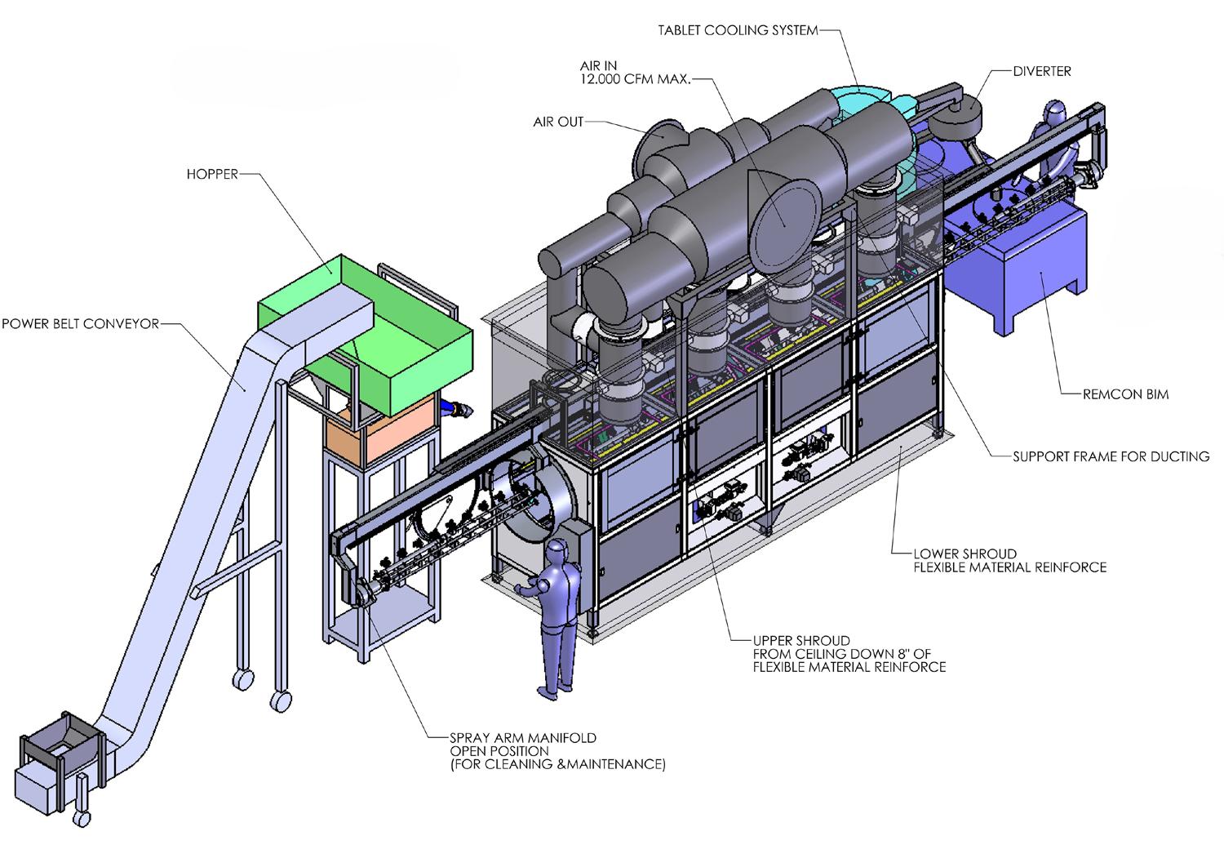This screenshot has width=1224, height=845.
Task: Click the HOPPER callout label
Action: tap(212, 175)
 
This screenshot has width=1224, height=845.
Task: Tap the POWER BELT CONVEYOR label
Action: tap(80, 323)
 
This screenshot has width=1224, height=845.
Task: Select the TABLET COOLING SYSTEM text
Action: tap(738, 30)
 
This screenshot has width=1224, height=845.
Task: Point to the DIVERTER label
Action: tap(1041, 71)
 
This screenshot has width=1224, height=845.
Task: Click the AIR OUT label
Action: tap(558, 122)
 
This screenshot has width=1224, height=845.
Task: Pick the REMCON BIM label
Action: tap(1125, 394)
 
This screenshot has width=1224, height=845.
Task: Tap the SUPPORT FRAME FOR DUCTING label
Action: tap(1111, 456)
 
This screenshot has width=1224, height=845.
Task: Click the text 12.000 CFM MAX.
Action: tap(635, 79)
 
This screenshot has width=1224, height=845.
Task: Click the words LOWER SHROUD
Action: tap(965, 554)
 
